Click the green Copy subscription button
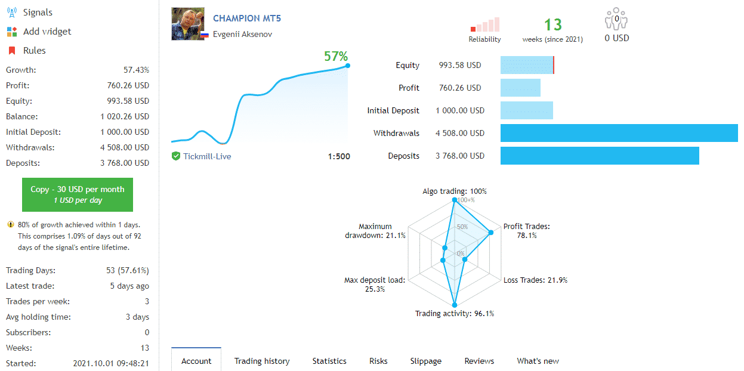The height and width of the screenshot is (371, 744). tap(78, 194)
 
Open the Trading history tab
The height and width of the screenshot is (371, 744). tap(262, 361)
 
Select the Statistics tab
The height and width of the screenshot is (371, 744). tap(329, 361)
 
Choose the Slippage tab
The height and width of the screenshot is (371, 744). tap(425, 361)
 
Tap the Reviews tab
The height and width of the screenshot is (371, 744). tap(479, 361)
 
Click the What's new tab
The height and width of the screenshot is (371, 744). tap(538, 361)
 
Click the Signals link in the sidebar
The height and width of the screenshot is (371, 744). tap(38, 13)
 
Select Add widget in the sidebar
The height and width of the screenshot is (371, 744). tap(47, 31)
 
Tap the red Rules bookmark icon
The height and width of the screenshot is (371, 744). tap(12, 51)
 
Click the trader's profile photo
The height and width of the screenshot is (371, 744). tap(188, 24)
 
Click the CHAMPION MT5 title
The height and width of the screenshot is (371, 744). tap(247, 18)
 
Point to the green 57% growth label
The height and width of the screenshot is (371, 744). tap(336, 56)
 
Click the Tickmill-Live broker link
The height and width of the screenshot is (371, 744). tap(207, 156)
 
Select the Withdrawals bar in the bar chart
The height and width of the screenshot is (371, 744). tap(619, 133)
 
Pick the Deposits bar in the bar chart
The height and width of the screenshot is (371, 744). tap(600, 156)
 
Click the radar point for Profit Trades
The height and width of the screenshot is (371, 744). tap(491, 233)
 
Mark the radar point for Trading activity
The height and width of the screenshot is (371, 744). tap(455, 305)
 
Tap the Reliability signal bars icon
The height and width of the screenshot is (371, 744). tap(485, 24)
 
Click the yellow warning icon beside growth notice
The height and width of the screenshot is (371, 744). tap(11, 224)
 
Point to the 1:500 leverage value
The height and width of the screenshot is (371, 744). tap(339, 156)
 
